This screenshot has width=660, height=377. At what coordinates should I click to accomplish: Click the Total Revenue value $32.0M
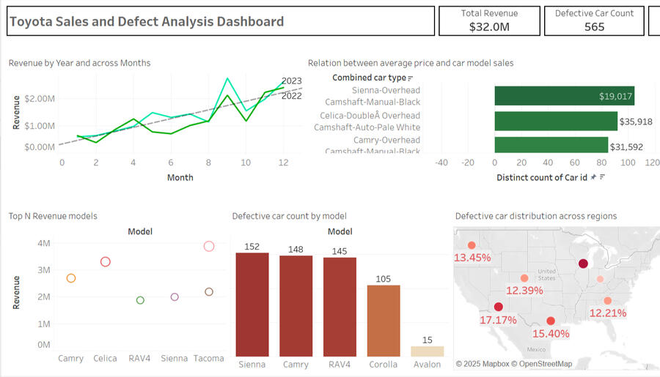point(489,27)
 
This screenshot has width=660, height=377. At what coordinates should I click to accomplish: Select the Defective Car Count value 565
point(594,27)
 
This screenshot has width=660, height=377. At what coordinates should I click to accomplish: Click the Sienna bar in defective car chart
point(252,304)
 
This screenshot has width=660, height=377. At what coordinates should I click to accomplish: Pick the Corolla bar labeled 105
point(384,320)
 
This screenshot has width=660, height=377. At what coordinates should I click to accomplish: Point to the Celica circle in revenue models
point(106,261)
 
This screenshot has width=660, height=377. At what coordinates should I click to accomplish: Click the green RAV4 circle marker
point(140,300)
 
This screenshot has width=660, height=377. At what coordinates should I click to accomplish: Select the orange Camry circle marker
point(71,278)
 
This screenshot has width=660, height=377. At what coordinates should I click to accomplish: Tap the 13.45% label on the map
point(472,258)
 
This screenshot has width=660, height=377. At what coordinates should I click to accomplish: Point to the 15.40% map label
point(549,334)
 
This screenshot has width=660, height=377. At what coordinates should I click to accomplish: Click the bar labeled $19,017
point(564,96)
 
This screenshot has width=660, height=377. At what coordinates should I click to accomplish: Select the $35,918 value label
point(636,122)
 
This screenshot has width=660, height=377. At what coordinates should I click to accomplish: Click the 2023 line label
point(291,81)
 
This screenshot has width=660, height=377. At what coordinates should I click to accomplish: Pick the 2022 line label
point(291,95)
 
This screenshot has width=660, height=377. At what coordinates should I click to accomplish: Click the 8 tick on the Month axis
point(208,162)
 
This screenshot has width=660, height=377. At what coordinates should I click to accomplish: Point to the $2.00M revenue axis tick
point(39,98)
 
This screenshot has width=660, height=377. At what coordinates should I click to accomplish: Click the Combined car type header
point(370,78)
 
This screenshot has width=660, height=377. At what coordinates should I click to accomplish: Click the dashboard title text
point(146,21)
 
